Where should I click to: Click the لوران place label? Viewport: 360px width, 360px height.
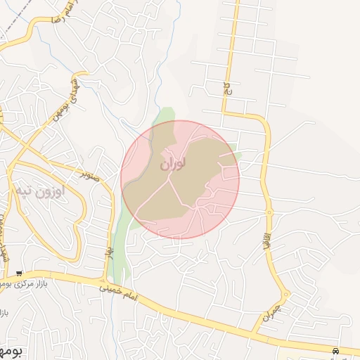(x=173, y=164)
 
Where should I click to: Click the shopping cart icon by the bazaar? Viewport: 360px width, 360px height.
(x=19, y=273)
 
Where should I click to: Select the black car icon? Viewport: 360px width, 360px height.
(x=337, y=350)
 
